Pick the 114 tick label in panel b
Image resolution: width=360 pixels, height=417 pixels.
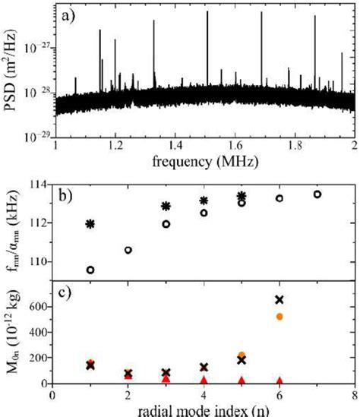(36, 184)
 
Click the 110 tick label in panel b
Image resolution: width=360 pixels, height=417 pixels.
(36, 261)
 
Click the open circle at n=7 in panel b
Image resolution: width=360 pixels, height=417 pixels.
(317, 194)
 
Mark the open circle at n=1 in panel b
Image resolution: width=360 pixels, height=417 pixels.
(90, 270)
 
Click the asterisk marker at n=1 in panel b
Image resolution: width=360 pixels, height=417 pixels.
(90, 224)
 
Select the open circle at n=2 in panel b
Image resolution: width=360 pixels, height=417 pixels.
(128, 250)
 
